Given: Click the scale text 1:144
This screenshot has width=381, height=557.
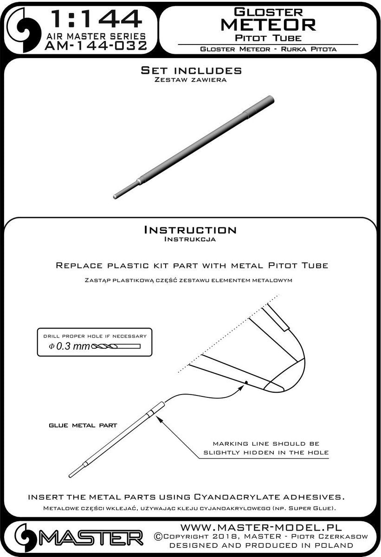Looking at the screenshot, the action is [x=96, y=19].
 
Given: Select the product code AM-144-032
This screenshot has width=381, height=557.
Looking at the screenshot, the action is [x=96, y=46].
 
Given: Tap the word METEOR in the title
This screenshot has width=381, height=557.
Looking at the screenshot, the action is [x=268, y=25].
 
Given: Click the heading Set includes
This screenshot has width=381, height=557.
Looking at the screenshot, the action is [x=191, y=71].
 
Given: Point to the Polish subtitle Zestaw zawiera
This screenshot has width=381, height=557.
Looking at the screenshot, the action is [x=190, y=80].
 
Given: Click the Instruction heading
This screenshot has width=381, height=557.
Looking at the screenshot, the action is [x=190, y=230].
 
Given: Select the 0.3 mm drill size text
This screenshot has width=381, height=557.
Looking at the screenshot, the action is [x=70, y=346].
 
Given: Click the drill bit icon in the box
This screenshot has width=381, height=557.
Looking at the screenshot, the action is [x=116, y=346].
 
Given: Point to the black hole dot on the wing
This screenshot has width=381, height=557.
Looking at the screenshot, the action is [x=246, y=382].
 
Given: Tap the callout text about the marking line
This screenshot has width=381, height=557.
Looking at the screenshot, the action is [x=266, y=448].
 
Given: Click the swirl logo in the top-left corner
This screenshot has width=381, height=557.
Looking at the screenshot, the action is [x=24, y=30].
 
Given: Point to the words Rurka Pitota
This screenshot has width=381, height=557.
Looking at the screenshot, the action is [x=309, y=49].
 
